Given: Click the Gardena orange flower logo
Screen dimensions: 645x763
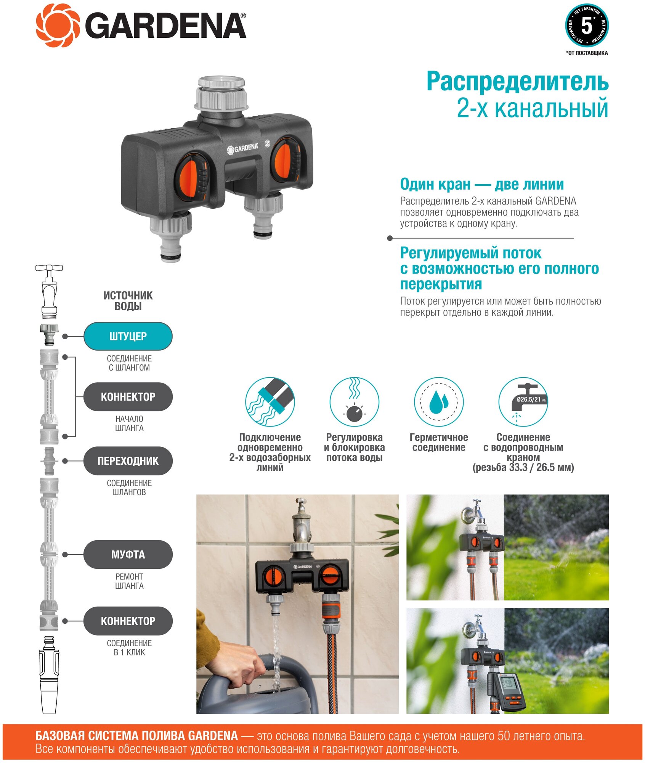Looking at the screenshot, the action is click(x=58, y=26).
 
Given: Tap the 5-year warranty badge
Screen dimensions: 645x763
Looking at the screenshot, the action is click(x=587, y=26).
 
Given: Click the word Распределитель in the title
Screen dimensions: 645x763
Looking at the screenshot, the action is click(x=517, y=81).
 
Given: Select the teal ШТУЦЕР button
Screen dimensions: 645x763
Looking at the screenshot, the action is click(x=128, y=336).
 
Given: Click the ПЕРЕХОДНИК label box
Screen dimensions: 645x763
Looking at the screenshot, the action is click(x=128, y=461).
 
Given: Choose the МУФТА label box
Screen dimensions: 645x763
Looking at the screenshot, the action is click(x=128, y=554).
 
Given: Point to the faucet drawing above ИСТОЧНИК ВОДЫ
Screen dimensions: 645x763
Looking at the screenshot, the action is click(x=49, y=292).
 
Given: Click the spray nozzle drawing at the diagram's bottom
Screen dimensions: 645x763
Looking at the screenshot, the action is click(x=49, y=675).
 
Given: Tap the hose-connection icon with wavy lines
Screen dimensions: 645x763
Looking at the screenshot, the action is click(x=270, y=402).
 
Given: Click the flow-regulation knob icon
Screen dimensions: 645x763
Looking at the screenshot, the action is click(x=354, y=402).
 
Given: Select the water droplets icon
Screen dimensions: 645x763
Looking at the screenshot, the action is click(x=439, y=402).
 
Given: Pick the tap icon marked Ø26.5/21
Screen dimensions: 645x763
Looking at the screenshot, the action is click(x=523, y=402).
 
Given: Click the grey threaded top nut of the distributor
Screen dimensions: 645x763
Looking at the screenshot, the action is click(x=221, y=93).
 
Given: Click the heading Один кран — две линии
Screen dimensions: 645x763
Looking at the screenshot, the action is click(x=482, y=184).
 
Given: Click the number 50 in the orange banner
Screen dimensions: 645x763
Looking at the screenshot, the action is click(x=504, y=736).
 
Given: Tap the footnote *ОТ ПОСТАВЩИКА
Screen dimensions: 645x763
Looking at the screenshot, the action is click(x=587, y=53).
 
